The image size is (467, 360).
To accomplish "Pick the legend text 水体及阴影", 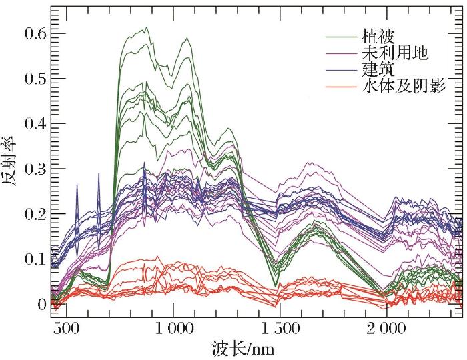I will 403,85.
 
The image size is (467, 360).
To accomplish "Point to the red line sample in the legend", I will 340,86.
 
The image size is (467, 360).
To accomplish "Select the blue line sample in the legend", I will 340,69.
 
